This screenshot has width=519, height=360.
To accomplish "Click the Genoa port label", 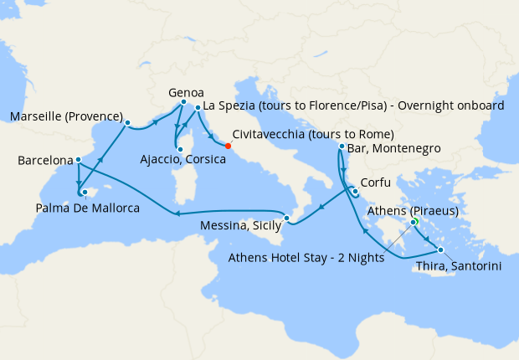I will [186, 92].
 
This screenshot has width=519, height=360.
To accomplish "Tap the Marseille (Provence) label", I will [66, 116].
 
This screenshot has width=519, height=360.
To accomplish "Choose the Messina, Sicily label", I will [239, 224].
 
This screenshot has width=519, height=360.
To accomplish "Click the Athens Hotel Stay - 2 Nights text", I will [306, 257].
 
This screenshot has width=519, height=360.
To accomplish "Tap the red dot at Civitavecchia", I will [228, 145].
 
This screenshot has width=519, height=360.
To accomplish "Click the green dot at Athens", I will [414, 222].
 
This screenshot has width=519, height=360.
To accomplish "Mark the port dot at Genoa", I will [183, 102].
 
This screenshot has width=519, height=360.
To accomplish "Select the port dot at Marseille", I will [127, 123].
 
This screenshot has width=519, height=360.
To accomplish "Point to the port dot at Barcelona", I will [78, 159].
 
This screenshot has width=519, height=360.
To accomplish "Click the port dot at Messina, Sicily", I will [286, 219].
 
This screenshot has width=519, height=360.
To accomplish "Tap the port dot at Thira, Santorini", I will [440, 250].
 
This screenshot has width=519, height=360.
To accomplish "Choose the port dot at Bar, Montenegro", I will [342, 147].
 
